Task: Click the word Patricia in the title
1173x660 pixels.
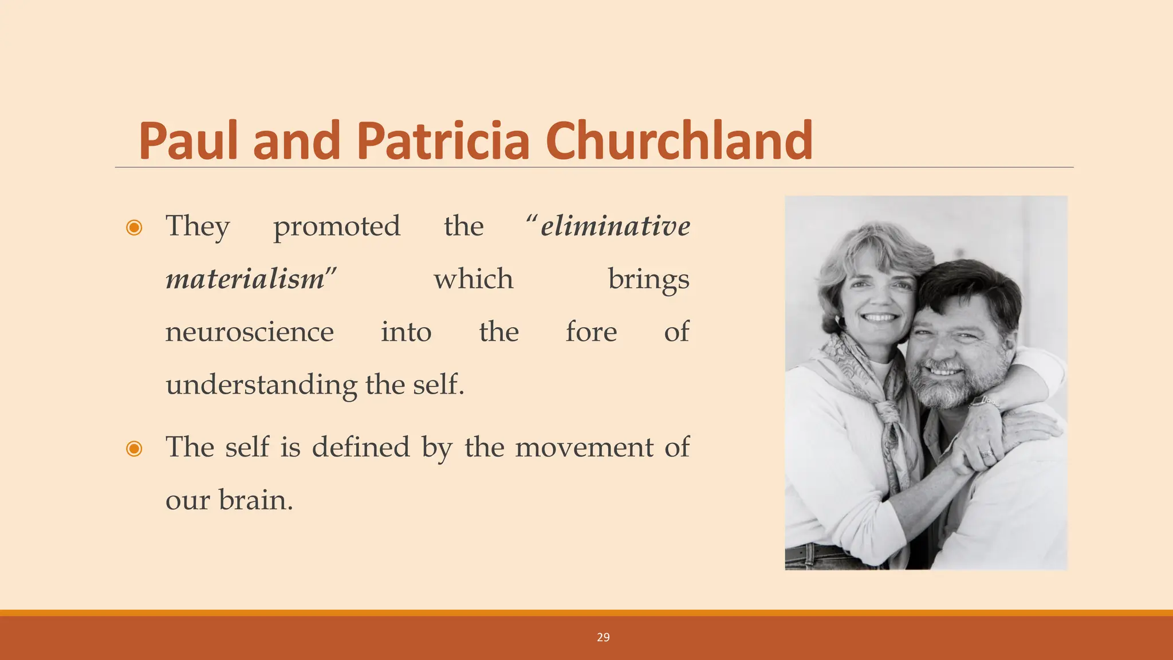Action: [443, 141]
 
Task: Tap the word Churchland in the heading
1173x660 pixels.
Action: [679, 141]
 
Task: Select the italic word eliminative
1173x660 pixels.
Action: [615, 226]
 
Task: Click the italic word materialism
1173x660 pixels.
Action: [245, 279]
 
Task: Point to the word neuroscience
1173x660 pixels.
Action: [249, 332]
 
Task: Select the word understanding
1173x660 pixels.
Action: [261, 385]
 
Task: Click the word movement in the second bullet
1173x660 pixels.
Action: [584, 447]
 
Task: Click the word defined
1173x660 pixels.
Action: [361, 447]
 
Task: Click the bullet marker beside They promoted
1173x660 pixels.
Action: [134, 228]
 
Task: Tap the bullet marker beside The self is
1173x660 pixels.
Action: [134, 449]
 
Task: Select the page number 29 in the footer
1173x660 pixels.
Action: [603, 638]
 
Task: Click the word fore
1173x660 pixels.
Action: [591, 332]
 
